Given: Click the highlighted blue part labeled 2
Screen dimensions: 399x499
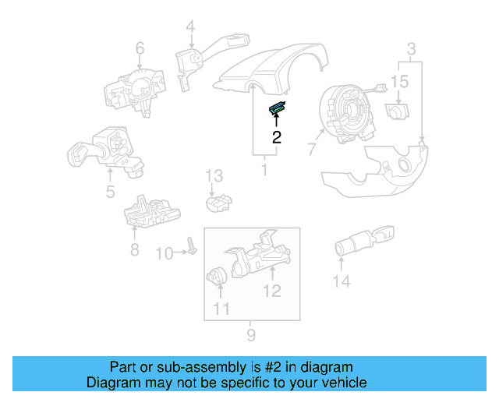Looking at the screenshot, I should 278,110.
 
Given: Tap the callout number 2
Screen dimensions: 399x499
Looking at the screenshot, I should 276,138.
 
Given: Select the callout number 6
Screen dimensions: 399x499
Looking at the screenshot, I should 140,50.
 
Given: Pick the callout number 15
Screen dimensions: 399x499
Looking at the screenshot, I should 399,82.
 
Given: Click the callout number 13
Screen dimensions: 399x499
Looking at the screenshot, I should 214,176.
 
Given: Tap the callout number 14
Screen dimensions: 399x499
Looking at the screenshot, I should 342,281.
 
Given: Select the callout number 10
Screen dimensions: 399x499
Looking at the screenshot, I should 165,253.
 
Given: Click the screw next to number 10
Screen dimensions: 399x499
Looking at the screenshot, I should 191,249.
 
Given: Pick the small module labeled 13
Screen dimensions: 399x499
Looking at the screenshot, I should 219,204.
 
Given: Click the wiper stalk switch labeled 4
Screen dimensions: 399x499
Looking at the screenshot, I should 195,58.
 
